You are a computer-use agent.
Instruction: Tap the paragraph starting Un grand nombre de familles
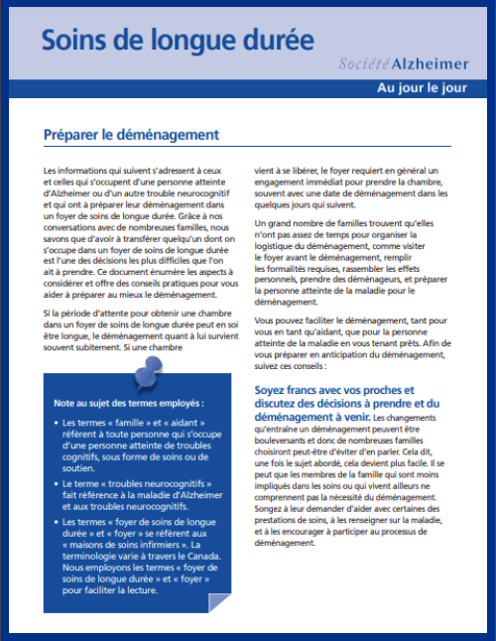click(x=354, y=262)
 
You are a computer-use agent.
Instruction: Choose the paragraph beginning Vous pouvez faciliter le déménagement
click(x=354, y=343)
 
